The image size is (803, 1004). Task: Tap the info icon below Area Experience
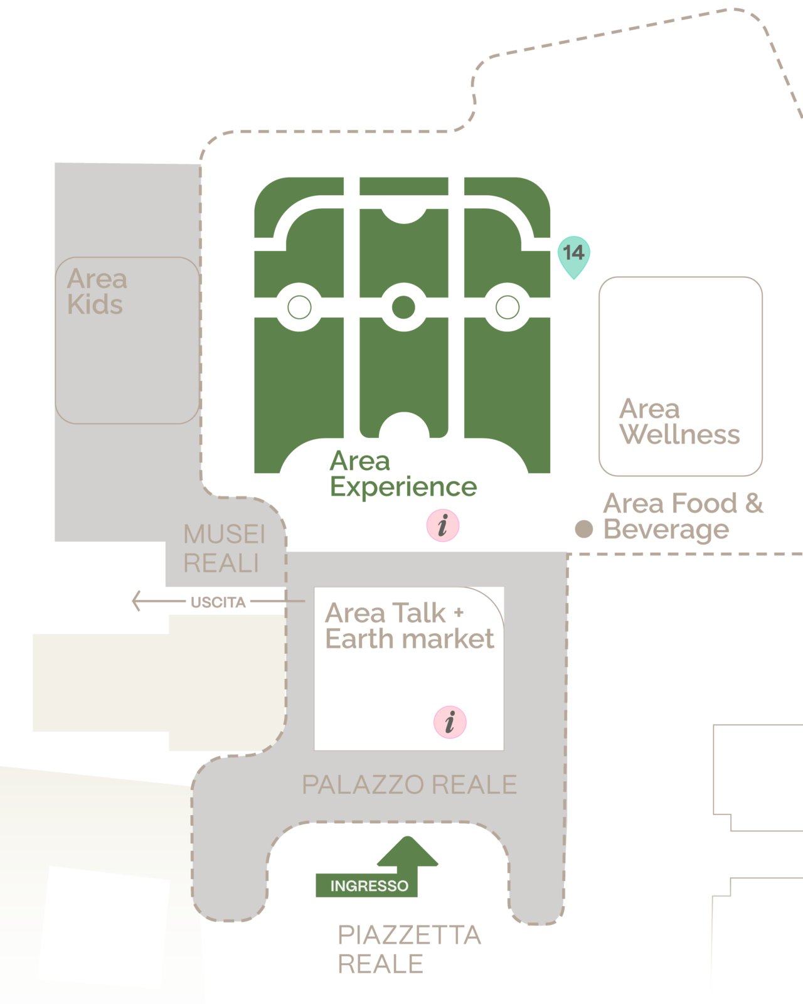[443, 525]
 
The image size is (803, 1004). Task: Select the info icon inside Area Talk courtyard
[450, 722]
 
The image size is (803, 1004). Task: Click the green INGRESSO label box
[366, 885]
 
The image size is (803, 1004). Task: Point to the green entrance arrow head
[407, 852]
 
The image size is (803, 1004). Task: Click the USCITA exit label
[218, 602]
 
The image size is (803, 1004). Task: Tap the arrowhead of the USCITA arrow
[136, 601]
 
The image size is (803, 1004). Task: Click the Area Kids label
[97, 292]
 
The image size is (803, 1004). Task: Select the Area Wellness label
[679, 422]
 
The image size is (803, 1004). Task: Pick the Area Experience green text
[403, 474]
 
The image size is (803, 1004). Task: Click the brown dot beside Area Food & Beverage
[583, 529]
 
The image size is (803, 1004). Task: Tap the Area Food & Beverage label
[683, 516]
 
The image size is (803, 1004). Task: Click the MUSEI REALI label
[224, 548]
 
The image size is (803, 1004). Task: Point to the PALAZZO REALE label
[409, 785]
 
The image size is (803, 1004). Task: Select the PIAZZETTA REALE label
[409, 950]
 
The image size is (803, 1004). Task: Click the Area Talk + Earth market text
[409, 626]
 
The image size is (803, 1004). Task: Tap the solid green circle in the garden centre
[403, 307]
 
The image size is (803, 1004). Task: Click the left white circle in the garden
[299, 307]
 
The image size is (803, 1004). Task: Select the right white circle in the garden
[508, 307]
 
